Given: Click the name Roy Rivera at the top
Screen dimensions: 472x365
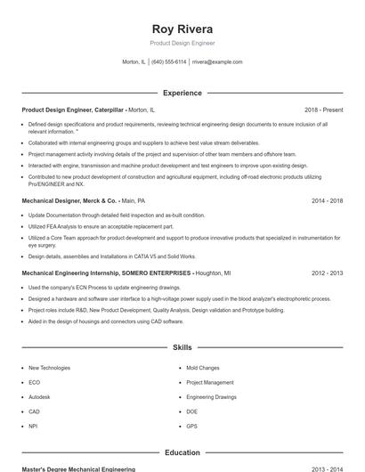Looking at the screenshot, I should (182, 28).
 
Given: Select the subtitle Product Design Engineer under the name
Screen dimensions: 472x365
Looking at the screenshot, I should (182, 43).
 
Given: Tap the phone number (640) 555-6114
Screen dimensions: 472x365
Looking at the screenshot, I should (169, 62).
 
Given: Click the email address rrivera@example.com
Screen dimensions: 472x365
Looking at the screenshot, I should (217, 62).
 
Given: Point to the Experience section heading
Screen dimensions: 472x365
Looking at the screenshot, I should (182, 93).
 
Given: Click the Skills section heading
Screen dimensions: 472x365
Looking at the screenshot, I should (182, 347).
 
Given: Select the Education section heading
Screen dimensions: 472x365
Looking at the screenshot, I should (182, 452).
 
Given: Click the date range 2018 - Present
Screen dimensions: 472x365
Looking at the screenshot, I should (323, 110).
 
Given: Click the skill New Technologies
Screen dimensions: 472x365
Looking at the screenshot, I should (49, 368).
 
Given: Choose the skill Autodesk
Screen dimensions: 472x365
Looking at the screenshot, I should (39, 397).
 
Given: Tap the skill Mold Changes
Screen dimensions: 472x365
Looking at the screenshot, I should (202, 368).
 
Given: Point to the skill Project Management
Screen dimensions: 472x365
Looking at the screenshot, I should (209, 383).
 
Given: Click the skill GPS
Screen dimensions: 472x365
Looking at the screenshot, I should (191, 427).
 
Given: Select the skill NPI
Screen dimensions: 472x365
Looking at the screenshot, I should (33, 427).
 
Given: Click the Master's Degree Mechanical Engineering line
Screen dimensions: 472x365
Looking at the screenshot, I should (78, 468).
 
